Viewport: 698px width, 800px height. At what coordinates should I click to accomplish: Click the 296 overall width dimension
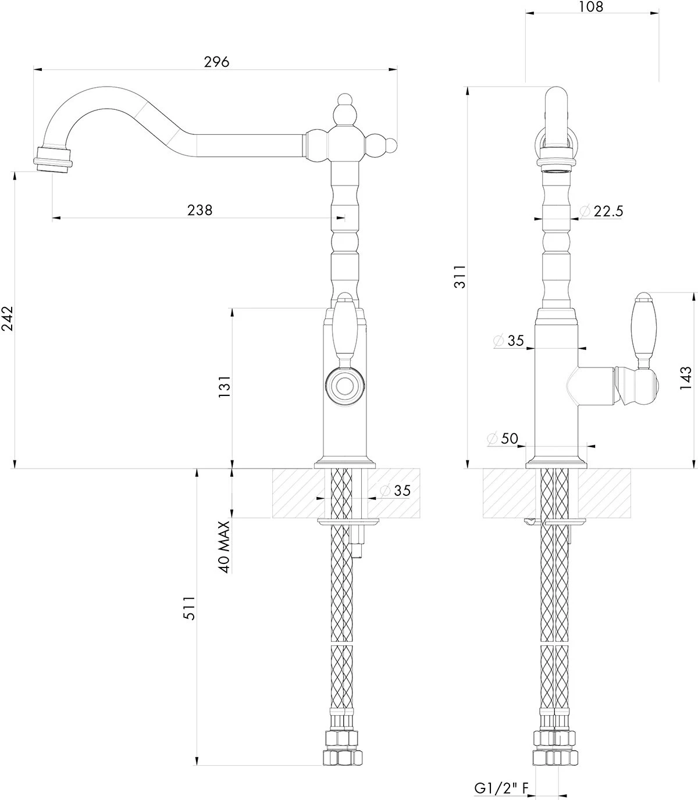216,62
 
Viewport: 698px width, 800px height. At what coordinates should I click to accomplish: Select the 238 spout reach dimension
200,210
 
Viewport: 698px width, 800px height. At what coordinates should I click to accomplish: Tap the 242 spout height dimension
8,319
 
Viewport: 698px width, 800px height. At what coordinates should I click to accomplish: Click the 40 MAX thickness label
225,547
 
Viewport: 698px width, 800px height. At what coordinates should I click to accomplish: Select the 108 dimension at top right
592,7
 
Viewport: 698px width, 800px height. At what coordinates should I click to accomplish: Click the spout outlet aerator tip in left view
54,159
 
